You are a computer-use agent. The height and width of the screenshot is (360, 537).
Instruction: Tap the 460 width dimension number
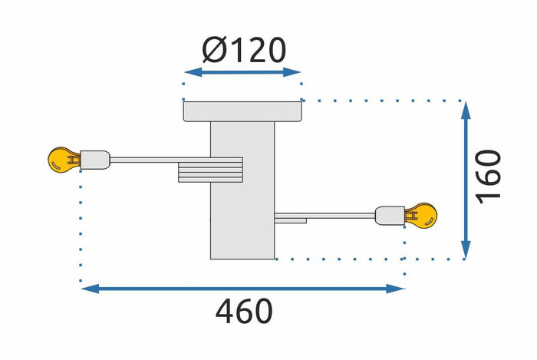[x=243, y=312]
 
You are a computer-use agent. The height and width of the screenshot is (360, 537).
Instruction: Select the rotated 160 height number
[x=488, y=176]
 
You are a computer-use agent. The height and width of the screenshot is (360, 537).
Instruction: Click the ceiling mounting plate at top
[x=242, y=111]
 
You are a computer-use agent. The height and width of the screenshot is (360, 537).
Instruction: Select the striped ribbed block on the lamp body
[x=210, y=170]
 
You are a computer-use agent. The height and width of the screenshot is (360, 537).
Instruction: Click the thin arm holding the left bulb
[x=146, y=160]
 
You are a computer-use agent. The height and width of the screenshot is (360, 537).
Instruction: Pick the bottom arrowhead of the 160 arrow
[x=466, y=251]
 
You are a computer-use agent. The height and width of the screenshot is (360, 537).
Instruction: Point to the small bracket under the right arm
[x=292, y=221]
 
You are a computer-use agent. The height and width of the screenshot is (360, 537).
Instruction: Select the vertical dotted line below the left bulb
[x=81, y=230]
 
